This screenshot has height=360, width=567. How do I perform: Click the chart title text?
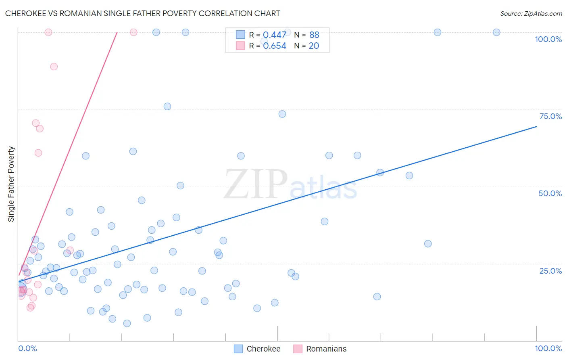pyautogui.click(x=142, y=13)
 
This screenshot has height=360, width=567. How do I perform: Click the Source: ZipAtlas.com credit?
pyautogui.click(x=531, y=14)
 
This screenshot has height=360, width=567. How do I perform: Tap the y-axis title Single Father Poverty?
pyautogui.click(x=11, y=184)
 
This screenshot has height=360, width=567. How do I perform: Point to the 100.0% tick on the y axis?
pyautogui.click(x=548, y=39)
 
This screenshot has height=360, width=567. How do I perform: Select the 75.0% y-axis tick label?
pyautogui.click(x=550, y=116)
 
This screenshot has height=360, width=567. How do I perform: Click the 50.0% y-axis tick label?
pyautogui.click(x=550, y=193)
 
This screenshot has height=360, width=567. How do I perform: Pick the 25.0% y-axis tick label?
pyautogui.click(x=550, y=271)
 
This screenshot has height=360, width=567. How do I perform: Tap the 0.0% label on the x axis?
pyautogui.click(x=27, y=348)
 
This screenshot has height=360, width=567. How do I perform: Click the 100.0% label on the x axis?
pyautogui.click(x=548, y=348)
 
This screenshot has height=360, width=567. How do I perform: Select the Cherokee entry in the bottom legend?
pyautogui.click(x=263, y=349)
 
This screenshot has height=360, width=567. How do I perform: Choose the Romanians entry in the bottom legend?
pyautogui.click(x=326, y=349)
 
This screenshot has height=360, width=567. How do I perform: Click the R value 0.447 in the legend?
pyautogui.click(x=275, y=35)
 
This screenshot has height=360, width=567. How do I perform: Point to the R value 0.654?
pyautogui.click(x=275, y=46)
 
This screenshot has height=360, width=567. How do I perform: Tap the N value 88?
pyautogui.click(x=314, y=35)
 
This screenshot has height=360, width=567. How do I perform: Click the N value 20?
pyautogui.click(x=314, y=46)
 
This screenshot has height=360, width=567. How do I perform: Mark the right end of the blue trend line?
pyautogui.click(x=536, y=127)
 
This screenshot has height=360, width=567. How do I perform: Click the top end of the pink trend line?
pyautogui.click(x=117, y=32)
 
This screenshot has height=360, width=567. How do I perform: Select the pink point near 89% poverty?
pyautogui.click(x=54, y=67)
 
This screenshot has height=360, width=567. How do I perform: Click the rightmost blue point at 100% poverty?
pyautogui.click(x=496, y=32)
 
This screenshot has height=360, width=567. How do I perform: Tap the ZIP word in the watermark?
pyautogui.click(x=256, y=184)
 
